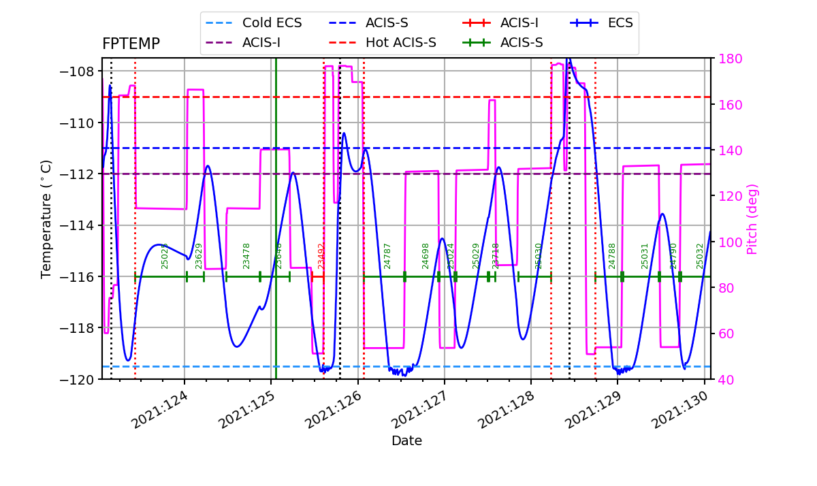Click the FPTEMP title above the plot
point(131,44)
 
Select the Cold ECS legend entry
point(272,22)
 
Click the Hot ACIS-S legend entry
point(400,43)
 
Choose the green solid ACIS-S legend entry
point(521,43)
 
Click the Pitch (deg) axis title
point(752,219)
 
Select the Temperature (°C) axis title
point(46,218)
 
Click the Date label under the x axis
point(406,441)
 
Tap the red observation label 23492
point(321,256)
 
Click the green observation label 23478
point(246,256)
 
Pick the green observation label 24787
point(387,256)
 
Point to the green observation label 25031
point(645,256)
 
